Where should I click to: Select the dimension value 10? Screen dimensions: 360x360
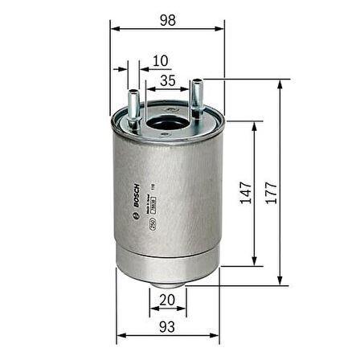click(161, 59)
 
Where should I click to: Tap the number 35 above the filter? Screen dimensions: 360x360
click(168, 80)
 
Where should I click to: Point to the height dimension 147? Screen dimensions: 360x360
click(243, 194)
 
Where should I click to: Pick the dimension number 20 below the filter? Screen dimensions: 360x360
click(167, 300)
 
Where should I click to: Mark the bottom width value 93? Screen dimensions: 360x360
click(167, 326)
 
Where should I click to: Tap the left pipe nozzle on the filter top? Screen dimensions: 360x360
click(133, 100)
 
